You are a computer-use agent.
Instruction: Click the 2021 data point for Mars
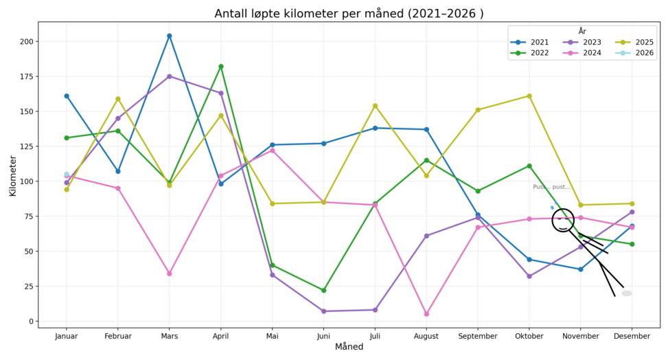click(169, 36)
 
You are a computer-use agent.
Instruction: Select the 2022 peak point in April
click(220, 67)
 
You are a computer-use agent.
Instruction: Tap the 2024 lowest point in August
click(426, 314)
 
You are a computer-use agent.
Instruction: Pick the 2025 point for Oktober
click(529, 96)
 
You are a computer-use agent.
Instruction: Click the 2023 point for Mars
click(169, 76)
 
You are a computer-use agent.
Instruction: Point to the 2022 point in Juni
click(323, 291)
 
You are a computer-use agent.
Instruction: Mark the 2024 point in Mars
click(169, 273)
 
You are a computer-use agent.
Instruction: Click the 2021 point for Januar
click(67, 96)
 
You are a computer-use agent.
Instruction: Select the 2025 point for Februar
click(117, 99)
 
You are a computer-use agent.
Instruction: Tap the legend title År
click(582, 32)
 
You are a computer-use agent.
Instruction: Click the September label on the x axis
click(478, 336)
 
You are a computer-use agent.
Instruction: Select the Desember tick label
click(632, 336)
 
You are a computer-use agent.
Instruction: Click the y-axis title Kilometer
click(12, 175)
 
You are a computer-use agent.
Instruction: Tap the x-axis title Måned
click(349, 348)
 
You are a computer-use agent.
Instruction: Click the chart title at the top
click(349, 14)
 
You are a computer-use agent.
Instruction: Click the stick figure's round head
click(563, 220)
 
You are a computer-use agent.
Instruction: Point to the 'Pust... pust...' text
click(551, 187)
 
